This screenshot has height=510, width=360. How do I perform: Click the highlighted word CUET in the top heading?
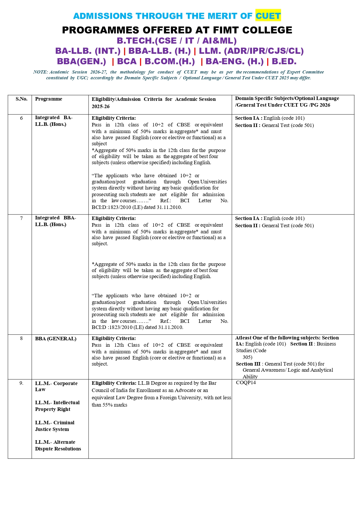pyautogui.click(x=268, y=16)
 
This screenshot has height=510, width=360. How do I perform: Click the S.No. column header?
pyautogui.click(x=21, y=99)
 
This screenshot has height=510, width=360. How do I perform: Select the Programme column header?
pyautogui.click(x=48, y=99)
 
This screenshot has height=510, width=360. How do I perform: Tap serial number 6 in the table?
pyautogui.click(x=21, y=118)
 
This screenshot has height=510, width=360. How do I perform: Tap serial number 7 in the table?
pyautogui.click(x=21, y=218)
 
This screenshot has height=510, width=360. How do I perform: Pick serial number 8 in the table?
pyautogui.click(x=21, y=338)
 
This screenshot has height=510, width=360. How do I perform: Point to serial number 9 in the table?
pyautogui.click(x=21, y=383)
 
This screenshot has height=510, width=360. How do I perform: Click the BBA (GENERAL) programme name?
pyautogui.click(x=56, y=339)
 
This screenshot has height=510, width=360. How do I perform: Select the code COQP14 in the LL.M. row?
pyautogui.click(x=246, y=383)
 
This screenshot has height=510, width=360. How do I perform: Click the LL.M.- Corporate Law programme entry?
pyautogui.click(x=56, y=386)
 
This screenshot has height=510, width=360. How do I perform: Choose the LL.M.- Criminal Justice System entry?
pyautogui.click(x=55, y=426)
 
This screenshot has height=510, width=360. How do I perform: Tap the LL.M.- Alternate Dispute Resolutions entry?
pyautogui.click(x=58, y=445)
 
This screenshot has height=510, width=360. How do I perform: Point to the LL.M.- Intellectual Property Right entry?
pyautogui.click(x=57, y=406)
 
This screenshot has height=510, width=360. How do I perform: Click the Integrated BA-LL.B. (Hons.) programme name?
pyautogui.click(x=54, y=121)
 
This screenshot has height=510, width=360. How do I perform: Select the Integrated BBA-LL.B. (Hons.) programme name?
pyautogui.click(x=55, y=221)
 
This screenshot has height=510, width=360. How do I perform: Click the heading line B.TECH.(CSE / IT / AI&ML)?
pyautogui.click(x=177, y=41)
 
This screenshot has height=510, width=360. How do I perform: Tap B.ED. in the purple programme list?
pyautogui.click(x=284, y=62)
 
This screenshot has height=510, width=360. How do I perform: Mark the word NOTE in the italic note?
pyautogui.click(x=40, y=72)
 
